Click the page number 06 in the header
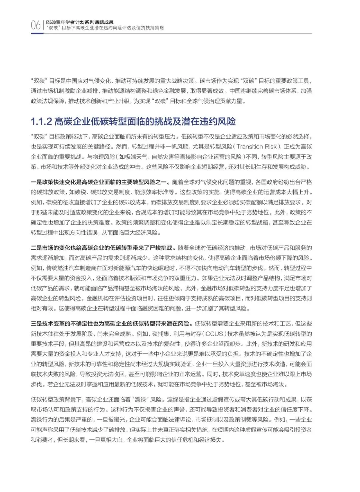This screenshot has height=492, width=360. [36, 25]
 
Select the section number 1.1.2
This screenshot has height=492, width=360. [41, 121]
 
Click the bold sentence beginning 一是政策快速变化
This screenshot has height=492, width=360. [100, 182]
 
